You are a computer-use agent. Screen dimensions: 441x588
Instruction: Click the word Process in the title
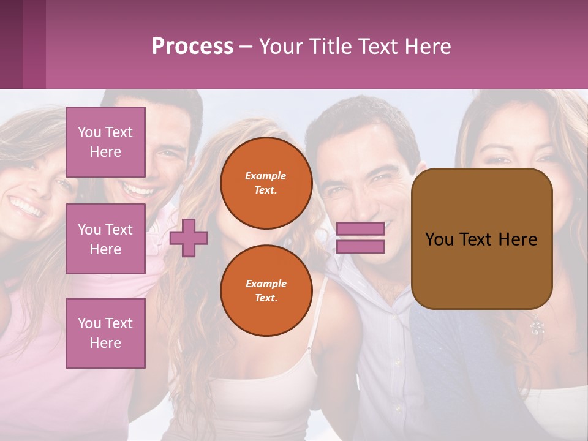[192, 47]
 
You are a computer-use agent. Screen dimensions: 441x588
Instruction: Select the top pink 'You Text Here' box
[105, 142]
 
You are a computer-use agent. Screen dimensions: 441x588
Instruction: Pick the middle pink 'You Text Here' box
[105, 239]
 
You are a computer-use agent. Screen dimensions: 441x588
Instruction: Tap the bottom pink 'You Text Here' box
[105, 333]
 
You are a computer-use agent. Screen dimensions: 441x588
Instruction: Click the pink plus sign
[189, 238]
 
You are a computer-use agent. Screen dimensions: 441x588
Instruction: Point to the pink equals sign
[360, 238]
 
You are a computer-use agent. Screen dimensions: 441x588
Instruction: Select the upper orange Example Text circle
[266, 183]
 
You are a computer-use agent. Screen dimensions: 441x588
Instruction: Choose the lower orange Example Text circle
[266, 290]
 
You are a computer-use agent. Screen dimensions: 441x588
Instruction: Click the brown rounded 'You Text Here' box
[481, 239]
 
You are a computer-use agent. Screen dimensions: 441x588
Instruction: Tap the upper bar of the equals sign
[360, 228]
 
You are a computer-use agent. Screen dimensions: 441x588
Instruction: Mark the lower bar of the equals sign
[360, 247]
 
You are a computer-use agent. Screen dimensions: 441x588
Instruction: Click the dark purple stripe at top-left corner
[11, 44]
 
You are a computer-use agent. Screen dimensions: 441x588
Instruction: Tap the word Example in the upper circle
[266, 176]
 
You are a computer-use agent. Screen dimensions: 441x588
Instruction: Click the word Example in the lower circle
[266, 284]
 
